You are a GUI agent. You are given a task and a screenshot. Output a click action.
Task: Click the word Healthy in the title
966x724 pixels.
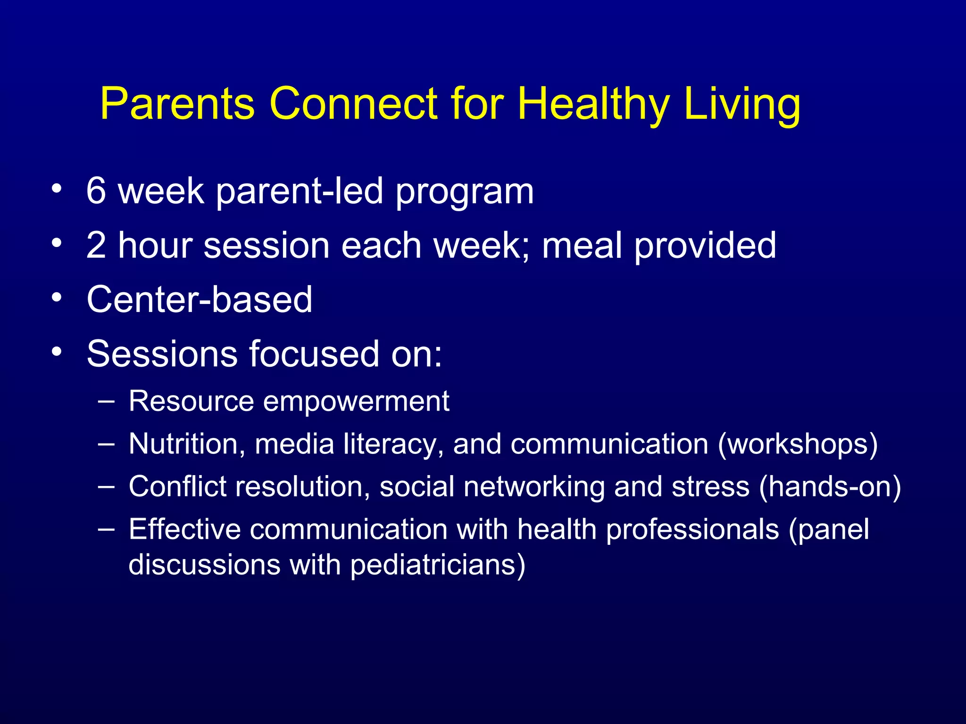[x=593, y=105]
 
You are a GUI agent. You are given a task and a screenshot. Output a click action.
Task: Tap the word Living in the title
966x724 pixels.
[x=742, y=105]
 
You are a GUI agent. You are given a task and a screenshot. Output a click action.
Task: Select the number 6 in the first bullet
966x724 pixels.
[x=96, y=191]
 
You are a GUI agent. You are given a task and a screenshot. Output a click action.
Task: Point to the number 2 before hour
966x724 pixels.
[x=96, y=245]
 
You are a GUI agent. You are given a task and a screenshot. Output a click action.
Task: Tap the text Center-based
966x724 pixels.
[x=200, y=299]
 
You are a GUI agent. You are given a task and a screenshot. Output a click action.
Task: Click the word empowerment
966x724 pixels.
[x=356, y=402]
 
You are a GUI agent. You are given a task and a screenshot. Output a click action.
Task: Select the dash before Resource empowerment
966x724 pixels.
[x=107, y=401]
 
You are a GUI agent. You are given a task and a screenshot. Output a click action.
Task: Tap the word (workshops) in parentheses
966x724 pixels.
[x=798, y=444]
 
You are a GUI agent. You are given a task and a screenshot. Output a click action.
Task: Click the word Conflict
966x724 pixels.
[x=177, y=486]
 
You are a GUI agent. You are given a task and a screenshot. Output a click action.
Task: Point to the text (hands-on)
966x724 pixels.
[x=830, y=486]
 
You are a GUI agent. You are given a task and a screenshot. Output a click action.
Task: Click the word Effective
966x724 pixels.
[x=184, y=529]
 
